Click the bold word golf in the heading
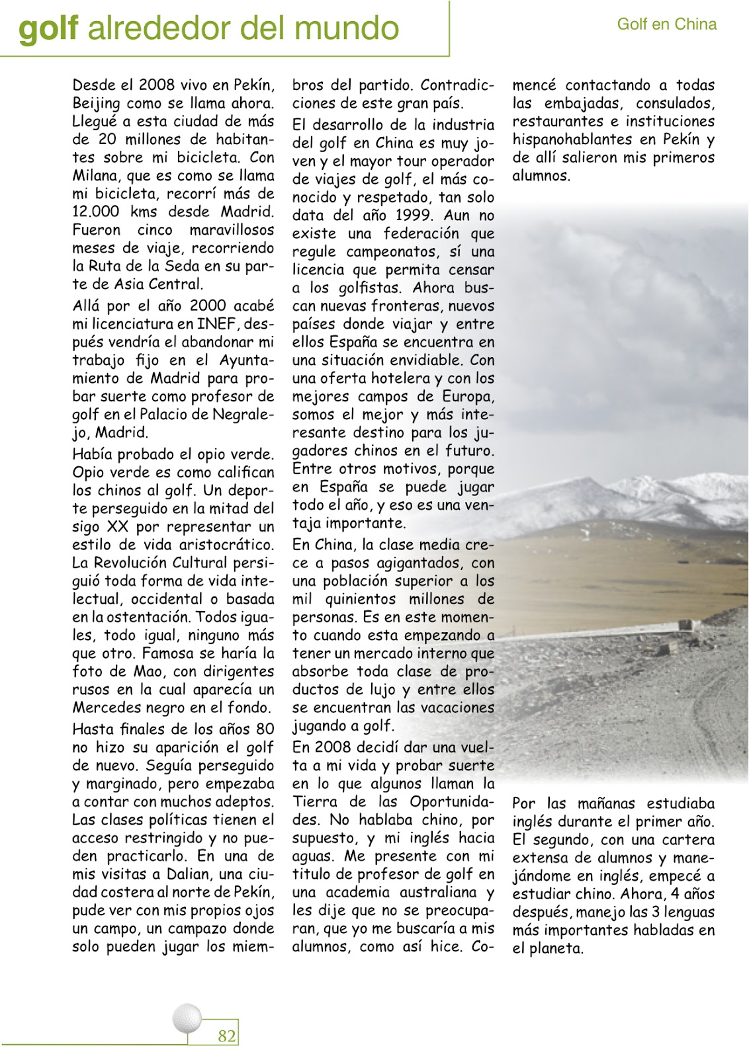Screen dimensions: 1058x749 coord(48,28)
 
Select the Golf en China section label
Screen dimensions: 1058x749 coord(666,24)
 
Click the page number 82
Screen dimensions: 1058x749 coord(226,1036)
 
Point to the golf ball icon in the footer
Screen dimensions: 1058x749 coord(187,1018)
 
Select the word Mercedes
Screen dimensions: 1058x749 coord(105,708)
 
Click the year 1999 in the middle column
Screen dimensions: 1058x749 coord(414,216)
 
